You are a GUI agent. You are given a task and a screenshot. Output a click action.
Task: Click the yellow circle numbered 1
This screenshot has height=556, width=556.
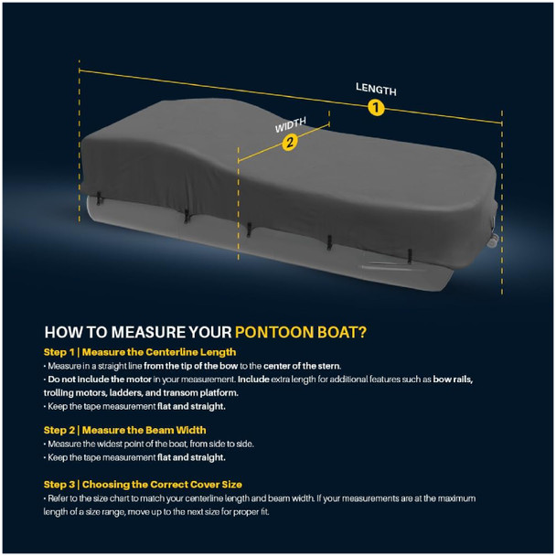pyautogui.click(x=376, y=107)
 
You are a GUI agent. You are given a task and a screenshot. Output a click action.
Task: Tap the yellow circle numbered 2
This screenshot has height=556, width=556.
pyautogui.click(x=290, y=142)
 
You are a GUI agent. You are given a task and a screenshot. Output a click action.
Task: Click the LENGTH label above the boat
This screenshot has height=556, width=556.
pyautogui.click(x=376, y=89)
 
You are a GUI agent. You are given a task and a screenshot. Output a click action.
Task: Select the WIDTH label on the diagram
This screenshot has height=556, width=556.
pyautogui.click(x=291, y=124)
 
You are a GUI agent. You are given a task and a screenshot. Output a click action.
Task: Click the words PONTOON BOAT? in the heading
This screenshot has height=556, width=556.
pyautogui.click(x=301, y=332)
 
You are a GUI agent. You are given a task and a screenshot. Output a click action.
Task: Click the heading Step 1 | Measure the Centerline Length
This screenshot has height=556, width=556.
pyautogui.click(x=140, y=352)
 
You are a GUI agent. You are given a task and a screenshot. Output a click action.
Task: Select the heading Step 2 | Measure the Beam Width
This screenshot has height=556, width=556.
pyautogui.click(x=124, y=430)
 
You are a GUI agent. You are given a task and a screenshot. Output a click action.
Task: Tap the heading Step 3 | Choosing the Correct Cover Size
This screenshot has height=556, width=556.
pyautogui.click(x=143, y=485)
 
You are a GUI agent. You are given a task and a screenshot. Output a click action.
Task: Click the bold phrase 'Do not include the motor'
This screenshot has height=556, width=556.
pyautogui.click(x=100, y=380)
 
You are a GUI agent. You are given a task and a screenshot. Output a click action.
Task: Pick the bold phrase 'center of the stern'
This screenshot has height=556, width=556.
pyautogui.click(x=302, y=366)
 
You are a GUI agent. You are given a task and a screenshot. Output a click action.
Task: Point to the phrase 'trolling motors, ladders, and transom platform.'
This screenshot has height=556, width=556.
pyautogui.click(x=141, y=393)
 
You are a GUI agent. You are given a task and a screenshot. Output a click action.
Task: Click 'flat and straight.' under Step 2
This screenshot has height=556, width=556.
pyautogui.click(x=191, y=457)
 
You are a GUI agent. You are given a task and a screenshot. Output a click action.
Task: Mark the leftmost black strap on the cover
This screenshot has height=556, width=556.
pyautogui.click(x=99, y=198)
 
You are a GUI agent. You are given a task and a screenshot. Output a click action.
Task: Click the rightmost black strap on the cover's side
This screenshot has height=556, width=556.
pyautogui.click(x=410, y=255)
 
